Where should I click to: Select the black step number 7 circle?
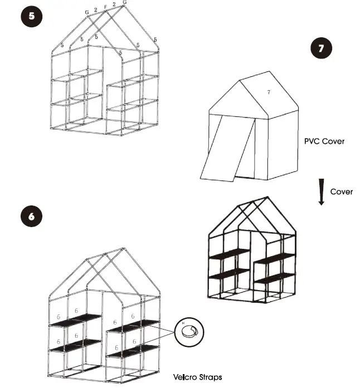tap(321, 48)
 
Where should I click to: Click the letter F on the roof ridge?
tap(106, 8)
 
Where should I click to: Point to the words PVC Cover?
tap(324, 141)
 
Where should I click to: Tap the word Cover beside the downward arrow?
tap(341, 191)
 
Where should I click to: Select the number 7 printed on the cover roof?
tap(269, 91)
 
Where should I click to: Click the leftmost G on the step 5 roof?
tap(87, 12)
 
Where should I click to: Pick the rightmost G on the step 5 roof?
tap(124, 3)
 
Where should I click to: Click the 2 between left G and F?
tap(96, 9)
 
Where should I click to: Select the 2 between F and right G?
tap(114, 4)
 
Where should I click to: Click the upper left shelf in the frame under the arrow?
tap(229, 254)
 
